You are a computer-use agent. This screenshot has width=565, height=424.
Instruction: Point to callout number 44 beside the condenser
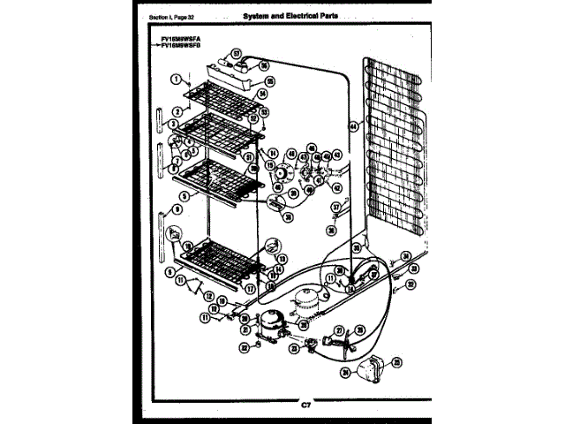354,126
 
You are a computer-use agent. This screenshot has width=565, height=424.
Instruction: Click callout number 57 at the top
237,54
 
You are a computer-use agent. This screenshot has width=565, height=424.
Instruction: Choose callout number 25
396,361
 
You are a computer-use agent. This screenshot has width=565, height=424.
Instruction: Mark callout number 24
345,374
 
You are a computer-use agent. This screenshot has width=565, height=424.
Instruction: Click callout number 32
411,284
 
